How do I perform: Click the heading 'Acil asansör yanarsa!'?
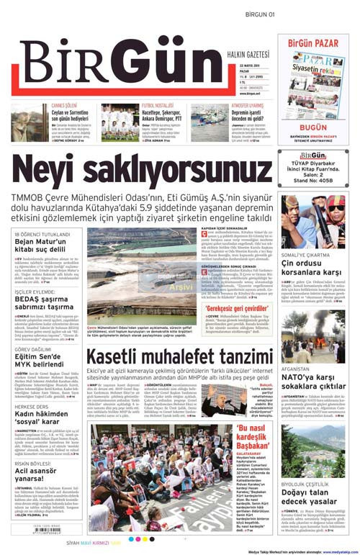(x=42, y=473)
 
